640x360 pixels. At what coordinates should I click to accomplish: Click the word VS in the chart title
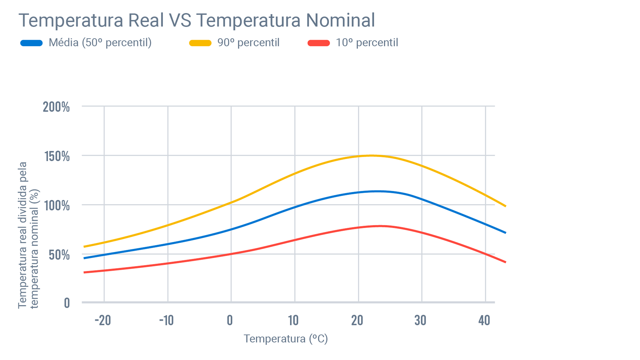pyautogui.click(x=180, y=20)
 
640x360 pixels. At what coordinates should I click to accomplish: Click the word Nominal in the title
pyautogui.click(x=340, y=20)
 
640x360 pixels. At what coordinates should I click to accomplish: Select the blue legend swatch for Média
pyautogui.click(x=31, y=43)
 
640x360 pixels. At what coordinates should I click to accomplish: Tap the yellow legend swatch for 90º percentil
pyautogui.click(x=200, y=43)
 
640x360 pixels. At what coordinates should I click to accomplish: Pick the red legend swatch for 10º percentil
pyautogui.click(x=319, y=43)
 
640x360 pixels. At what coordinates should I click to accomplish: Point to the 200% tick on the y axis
pyautogui.click(x=56, y=107)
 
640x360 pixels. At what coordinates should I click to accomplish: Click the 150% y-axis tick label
pyautogui.click(x=57, y=156)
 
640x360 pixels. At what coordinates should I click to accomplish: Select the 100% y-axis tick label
pyautogui.click(x=57, y=206)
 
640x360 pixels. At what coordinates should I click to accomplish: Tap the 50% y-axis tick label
pyautogui.click(x=59, y=255)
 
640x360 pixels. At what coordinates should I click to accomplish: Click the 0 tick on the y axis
pyautogui.click(x=67, y=303)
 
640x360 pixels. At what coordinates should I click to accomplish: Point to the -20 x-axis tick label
pyautogui.click(x=103, y=321)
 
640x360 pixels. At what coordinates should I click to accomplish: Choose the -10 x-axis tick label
pyautogui.click(x=166, y=321)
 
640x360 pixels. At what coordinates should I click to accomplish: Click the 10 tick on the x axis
pyautogui.click(x=293, y=321)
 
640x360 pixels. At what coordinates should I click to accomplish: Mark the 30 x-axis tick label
pyautogui.click(x=420, y=321)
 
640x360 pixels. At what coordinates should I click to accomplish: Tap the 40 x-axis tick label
pyautogui.click(x=484, y=321)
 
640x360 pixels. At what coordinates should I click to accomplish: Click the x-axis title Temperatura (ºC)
pyautogui.click(x=285, y=339)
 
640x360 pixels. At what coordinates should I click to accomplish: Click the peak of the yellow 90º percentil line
pyautogui.click(x=371, y=156)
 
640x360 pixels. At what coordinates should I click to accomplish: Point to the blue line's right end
pyautogui.click(x=505, y=233)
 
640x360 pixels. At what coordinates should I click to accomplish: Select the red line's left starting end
pyautogui.click(x=85, y=272)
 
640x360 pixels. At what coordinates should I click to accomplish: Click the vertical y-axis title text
pyautogui.click(x=28, y=235)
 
